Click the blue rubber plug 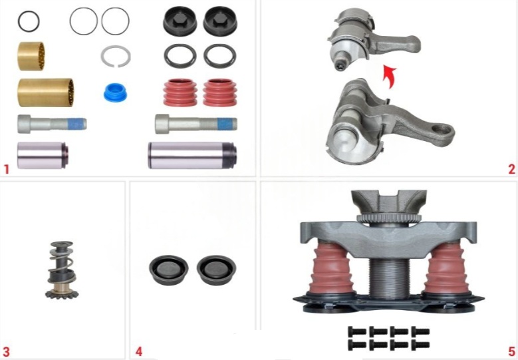pos(115,92)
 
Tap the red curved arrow pos(389,77)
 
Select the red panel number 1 pos(6,170)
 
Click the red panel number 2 pos(511,169)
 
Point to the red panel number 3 pos(6,352)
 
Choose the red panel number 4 pos(139,352)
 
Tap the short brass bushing pos(31,56)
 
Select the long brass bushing pos(46,92)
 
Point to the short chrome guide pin pos(43,155)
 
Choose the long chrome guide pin pos(192,155)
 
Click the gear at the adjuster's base pos(61,293)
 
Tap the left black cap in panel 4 pos(168,270)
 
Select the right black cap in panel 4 pos(216,270)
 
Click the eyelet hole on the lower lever pos(441,130)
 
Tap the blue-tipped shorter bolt pos(52,124)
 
